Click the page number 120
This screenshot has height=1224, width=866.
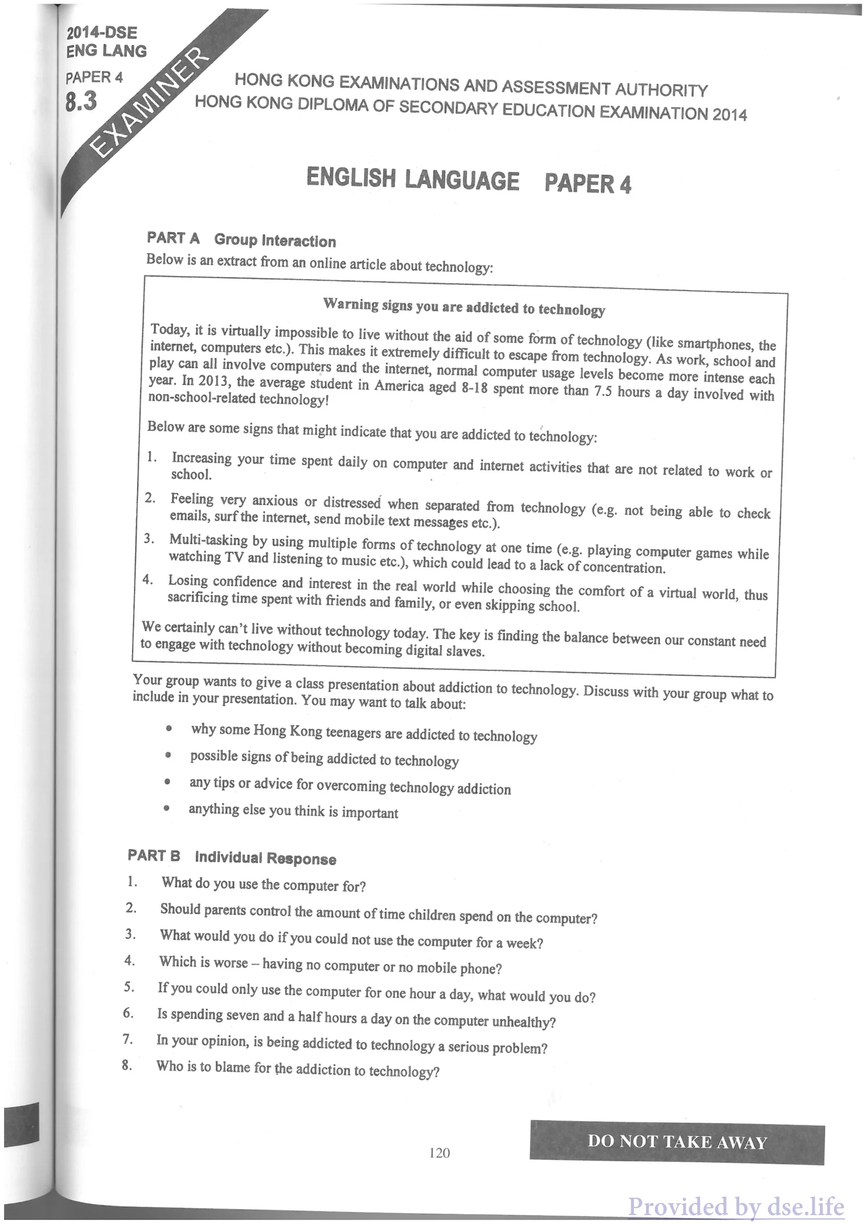(439, 1153)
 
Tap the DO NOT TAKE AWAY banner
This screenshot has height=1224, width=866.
(677, 1141)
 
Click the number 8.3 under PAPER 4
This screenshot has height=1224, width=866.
(81, 101)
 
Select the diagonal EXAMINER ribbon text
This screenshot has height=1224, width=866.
(151, 101)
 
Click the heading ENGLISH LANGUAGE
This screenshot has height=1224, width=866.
(412, 179)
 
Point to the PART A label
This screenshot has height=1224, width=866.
(173, 238)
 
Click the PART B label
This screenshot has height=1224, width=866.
(154, 856)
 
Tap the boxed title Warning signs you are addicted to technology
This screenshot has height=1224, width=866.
(464, 307)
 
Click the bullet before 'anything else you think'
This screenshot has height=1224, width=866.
(167, 808)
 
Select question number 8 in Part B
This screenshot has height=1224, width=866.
(126, 1065)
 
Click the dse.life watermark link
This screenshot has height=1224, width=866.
(736, 1206)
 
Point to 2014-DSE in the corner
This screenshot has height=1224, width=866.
(101, 32)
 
